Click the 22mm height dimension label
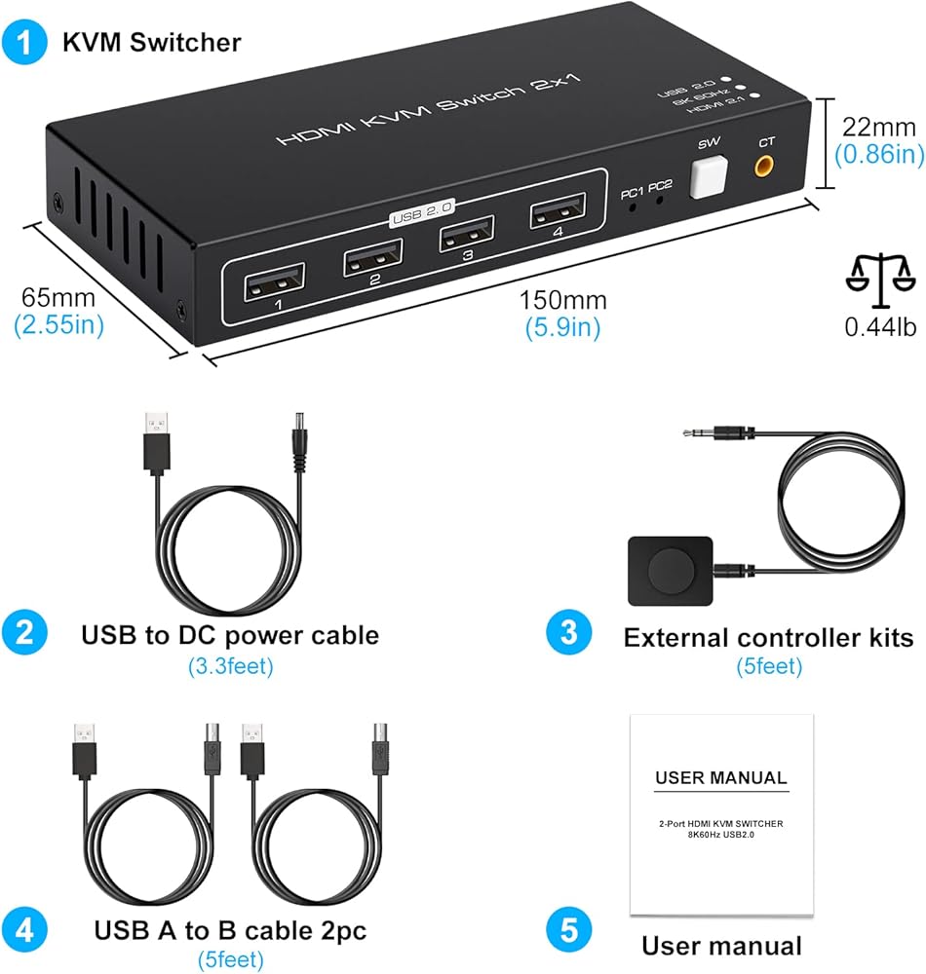click(x=879, y=127)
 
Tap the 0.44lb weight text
click(x=880, y=326)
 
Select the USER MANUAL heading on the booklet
click(x=720, y=777)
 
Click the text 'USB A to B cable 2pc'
click(x=230, y=929)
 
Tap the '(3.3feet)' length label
click(x=230, y=666)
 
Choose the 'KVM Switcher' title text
click(x=152, y=42)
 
